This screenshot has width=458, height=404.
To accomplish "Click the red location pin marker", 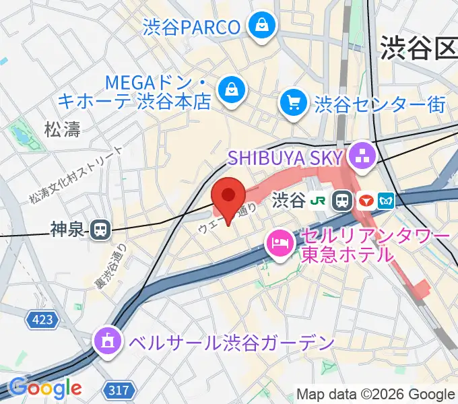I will pyautogui.click(x=228, y=197).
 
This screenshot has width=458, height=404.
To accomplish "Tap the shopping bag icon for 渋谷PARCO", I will pyautogui.click(x=259, y=26).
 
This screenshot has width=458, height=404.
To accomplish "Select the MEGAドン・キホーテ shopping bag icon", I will pyautogui.click(x=231, y=88).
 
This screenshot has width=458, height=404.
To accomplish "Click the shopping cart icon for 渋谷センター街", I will pyautogui.click(x=294, y=103).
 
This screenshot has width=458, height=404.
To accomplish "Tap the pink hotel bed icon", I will pyautogui.click(x=280, y=243).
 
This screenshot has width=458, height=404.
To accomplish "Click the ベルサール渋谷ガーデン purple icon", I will pyautogui.click(x=107, y=342).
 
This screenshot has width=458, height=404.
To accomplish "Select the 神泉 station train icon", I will pyautogui.click(x=100, y=230).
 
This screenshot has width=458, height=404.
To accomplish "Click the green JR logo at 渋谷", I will pyautogui.click(x=319, y=200).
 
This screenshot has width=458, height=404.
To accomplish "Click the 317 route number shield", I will pyautogui.click(x=121, y=389).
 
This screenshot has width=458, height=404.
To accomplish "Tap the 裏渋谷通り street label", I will pyautogui.click(x=110, y=268).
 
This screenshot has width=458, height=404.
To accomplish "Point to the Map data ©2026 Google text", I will pyautogui.click(x=375, y=394).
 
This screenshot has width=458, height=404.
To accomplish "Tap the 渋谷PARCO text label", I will pyautogui.click(x=191, y=27).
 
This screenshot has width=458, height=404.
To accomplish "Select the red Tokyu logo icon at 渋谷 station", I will pyautogui.click(x=366, y=200).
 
